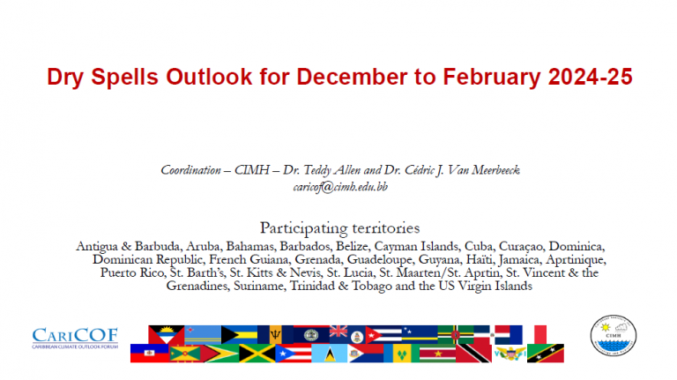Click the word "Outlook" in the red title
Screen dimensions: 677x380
209,77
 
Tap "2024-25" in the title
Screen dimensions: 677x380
591,77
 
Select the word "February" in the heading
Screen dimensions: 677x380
492,78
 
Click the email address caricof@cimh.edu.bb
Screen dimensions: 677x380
340,187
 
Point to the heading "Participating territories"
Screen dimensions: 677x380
339,228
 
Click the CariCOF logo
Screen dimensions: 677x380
75,338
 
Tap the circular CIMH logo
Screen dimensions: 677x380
614,336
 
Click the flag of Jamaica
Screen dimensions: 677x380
257,354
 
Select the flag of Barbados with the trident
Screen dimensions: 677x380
275,334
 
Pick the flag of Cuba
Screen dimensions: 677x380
383,334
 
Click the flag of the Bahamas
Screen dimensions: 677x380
239,334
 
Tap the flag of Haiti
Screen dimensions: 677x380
149,354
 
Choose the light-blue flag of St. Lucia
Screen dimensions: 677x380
330,354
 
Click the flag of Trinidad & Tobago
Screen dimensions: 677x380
473,354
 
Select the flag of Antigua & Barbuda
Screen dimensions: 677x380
167,334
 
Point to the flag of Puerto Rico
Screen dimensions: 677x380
294,354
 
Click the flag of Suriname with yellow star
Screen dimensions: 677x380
438,354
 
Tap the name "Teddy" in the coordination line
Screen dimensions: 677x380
317,170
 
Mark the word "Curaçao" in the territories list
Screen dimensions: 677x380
521,247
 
